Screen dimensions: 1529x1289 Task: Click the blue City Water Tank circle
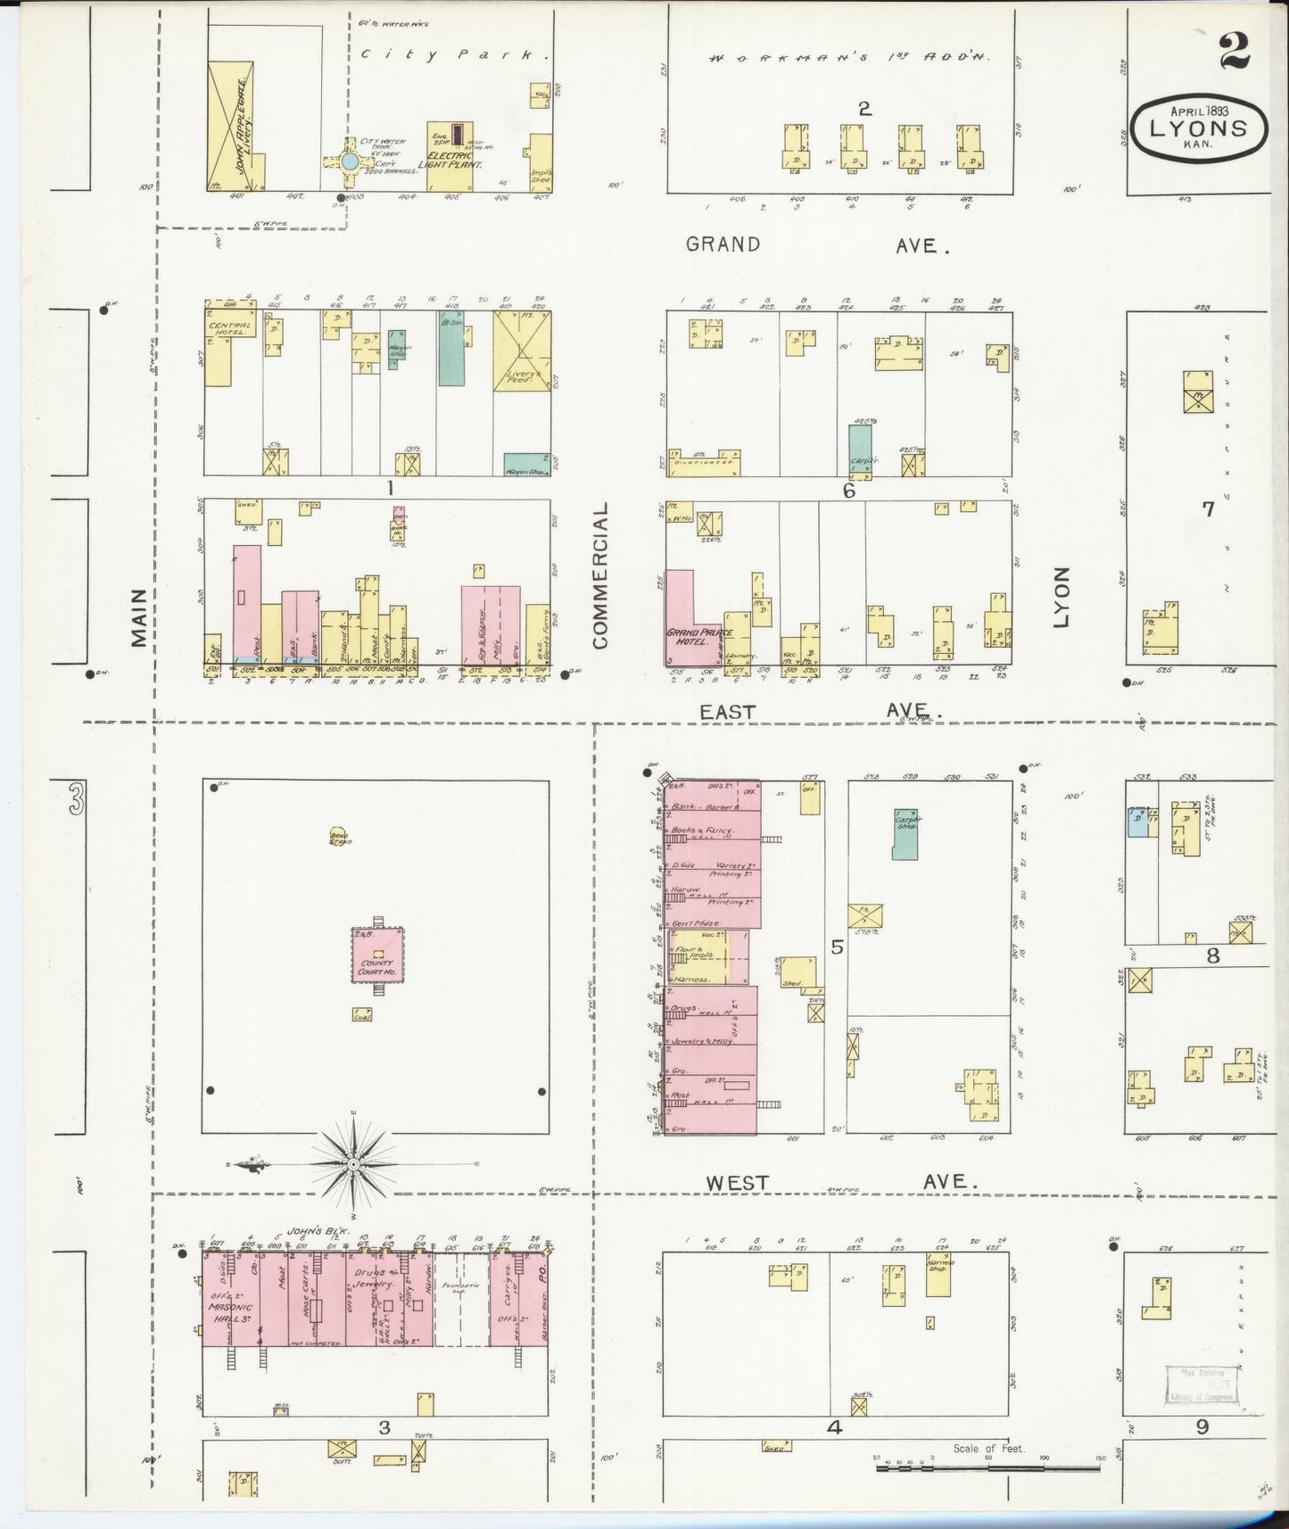pyautogui.click(x=350, y=161)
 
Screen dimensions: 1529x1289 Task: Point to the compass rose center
pyautogui.click(x=354, y=1165)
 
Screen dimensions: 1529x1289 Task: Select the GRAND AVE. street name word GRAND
pyautogui.click(x=723, y=244)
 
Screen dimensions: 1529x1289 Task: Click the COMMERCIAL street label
pyautogui.click(x=599, y=574)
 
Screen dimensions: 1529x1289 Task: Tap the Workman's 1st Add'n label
pyautogui.click(x=849, y=58)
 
